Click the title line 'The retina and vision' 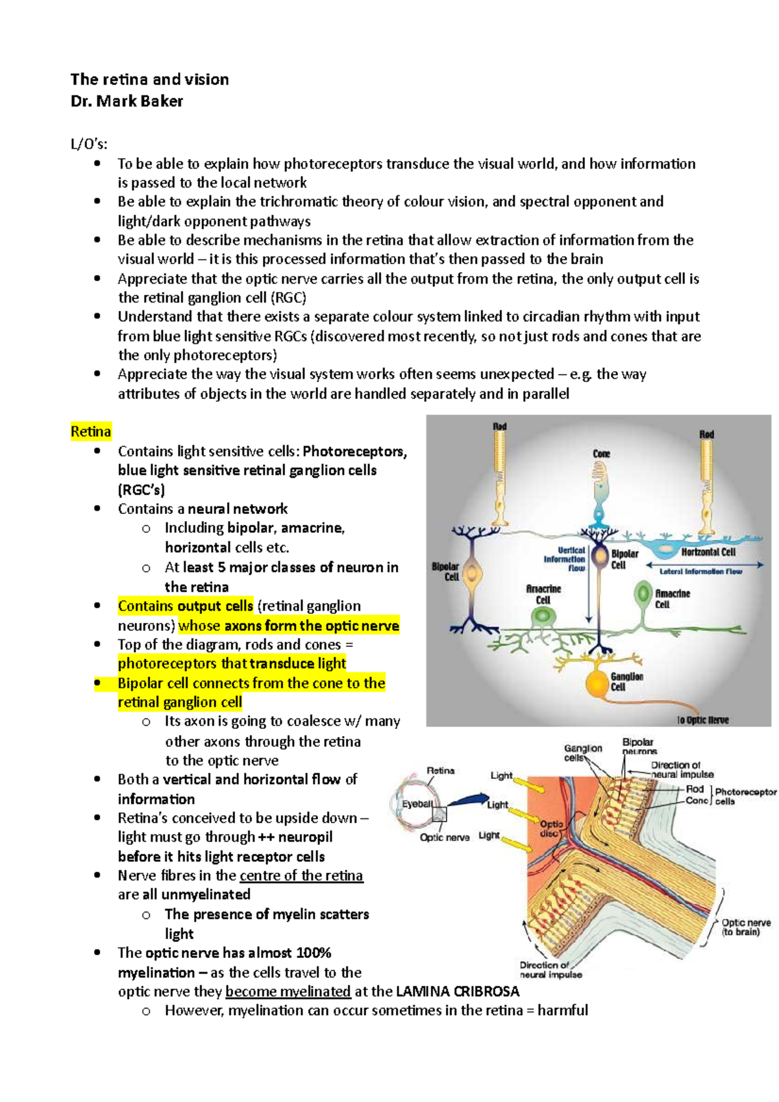point(149,80)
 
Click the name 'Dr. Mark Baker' point(127,101)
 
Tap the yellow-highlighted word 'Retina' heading point(91,432)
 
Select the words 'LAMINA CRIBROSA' point(458,992)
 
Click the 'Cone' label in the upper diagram point(601,454)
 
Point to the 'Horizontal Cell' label point(708,552)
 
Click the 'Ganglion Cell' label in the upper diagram point(626,681)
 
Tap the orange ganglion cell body point(597,684)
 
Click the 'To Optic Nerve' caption point(702,720)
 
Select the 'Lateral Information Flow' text point(700,572)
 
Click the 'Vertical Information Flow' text point(565,559)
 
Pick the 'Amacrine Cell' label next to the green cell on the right point(672,598)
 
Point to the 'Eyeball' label point(417,803)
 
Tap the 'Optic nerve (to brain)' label point(746,927)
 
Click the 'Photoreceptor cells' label point(745,796)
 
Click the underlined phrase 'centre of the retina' point(301,875)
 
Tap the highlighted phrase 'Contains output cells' point(185,606)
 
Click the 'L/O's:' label point(89,145)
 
